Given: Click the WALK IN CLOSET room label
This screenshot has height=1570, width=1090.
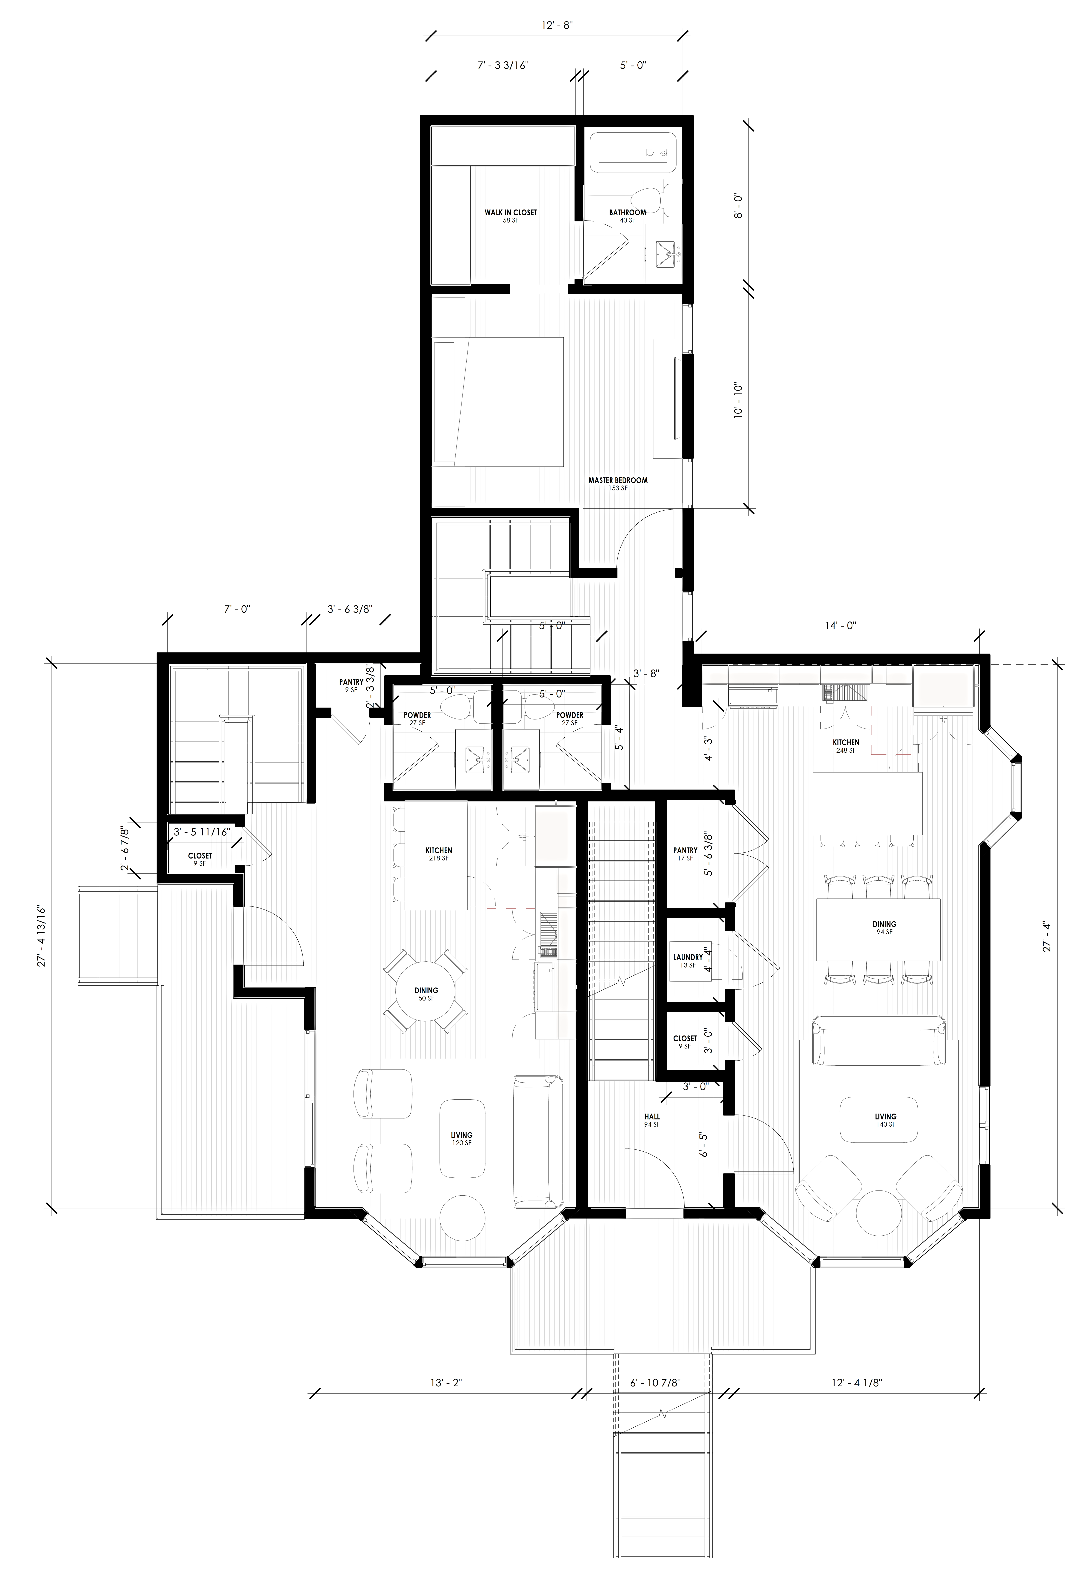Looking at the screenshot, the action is click(x=511, y=216).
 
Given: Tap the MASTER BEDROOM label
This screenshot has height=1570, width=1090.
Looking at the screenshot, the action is click(x=618, y=484).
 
